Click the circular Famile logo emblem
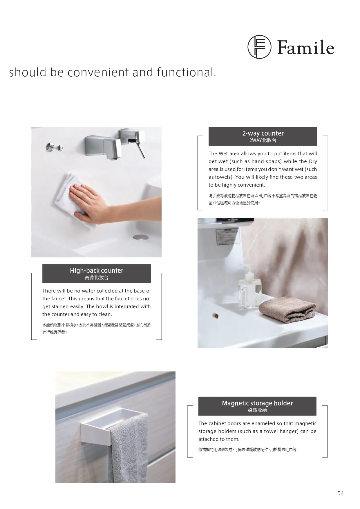coord(259,47)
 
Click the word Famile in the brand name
coord(306,48)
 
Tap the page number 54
coord(341,493)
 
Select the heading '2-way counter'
coord(263,133)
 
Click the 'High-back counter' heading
coord(97,270)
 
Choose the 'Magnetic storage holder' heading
coord(257,403)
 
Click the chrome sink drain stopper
coord(141,237)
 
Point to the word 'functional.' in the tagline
coord(187,72)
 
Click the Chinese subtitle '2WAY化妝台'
coord(263,140)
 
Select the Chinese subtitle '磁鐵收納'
coord(257,410)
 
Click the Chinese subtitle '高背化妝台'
coord(97,278)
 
